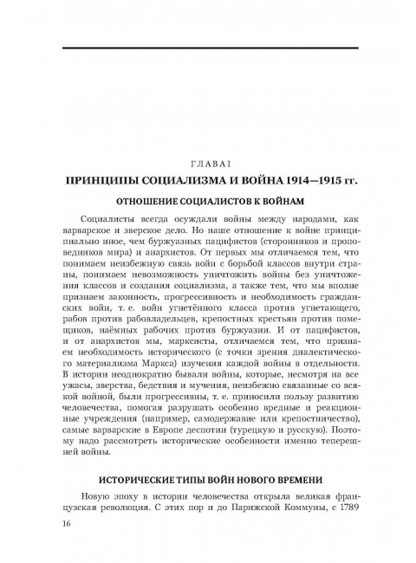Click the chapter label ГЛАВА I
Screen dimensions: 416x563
point(208,164)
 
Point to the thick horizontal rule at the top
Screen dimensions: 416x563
point(208,47)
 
